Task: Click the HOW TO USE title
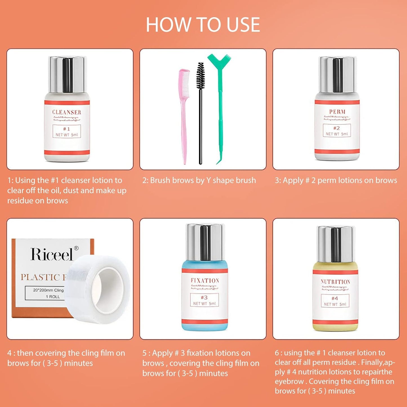tap(203, 25)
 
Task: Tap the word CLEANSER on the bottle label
tap(67, 112)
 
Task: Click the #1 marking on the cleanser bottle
tap(67, 129)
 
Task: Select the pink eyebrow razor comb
tap(184, 113)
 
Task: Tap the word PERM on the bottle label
tap(337, 112)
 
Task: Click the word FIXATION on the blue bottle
tap(205, 281)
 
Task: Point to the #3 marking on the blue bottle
tap(204, 297)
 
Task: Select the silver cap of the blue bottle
tap(205, 242)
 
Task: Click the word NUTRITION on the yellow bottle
tap(335, 282)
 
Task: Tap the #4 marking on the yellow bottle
tap(335, 298)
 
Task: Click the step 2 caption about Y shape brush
tap(199, 180)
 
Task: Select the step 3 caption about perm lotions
tap(336, 180)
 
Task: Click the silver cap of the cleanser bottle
tap(67, 74)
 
